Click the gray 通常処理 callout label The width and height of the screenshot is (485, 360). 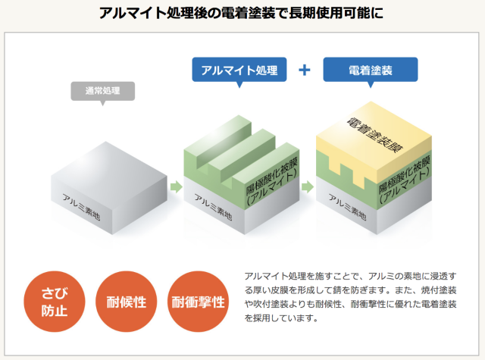[x=104, y=91]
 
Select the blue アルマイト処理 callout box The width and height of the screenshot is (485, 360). [x=239, y=70]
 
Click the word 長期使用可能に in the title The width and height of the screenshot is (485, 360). [x=331, y=14]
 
